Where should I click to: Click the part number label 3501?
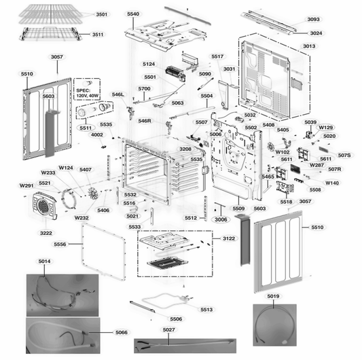(101, 14)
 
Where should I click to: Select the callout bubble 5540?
(133, 14)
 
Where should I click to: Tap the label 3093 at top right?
(313, 20)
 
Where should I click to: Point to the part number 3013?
(309, 46)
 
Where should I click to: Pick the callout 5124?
(149, 64)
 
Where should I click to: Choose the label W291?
(26, 185)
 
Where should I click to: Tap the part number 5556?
(60, 244)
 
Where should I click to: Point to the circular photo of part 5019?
(274, 324)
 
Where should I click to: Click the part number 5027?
(168, 330)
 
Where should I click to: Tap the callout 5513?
(206, 309)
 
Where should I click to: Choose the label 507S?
(344, 156)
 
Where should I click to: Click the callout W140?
(332, 183)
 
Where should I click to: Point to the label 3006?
(221, 220)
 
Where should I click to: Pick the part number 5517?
(217, 56)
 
